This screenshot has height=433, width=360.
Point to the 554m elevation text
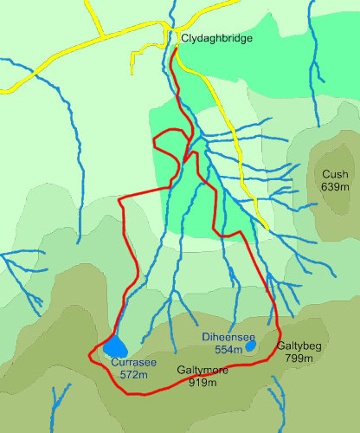click(228, 348)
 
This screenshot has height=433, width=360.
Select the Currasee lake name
click(133, 363)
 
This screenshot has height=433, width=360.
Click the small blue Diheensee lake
click(250, 346)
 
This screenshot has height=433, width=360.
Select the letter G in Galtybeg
click(280, 346)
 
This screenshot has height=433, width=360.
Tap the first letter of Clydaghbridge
click(184, 39)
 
